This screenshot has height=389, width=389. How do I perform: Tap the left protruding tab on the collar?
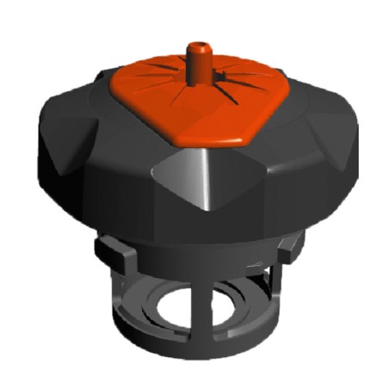click(108, 253)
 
